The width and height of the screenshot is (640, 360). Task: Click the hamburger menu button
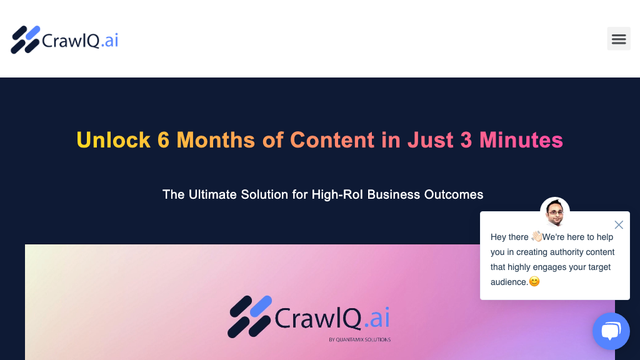(618, 39)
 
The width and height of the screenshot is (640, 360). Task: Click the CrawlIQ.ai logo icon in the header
(26, 40)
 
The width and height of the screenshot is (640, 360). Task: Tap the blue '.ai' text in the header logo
(109, 41)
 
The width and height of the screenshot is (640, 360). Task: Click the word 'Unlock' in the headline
(113, 140)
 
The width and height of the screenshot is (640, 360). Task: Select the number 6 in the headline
(163, 140)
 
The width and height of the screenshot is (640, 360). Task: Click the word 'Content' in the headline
(332, 140)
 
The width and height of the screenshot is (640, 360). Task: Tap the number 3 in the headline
(466, 140)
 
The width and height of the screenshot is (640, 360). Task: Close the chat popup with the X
(619, 225)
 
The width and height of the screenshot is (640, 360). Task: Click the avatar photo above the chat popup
(555, 212)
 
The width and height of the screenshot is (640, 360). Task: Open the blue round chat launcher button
(611, 331)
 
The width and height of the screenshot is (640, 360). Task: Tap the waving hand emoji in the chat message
(537, 237)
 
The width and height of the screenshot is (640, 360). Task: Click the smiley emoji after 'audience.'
(534, 282)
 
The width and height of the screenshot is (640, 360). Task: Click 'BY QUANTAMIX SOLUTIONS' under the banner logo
(359, 340)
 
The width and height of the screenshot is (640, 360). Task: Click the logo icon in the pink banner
(250, 317)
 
